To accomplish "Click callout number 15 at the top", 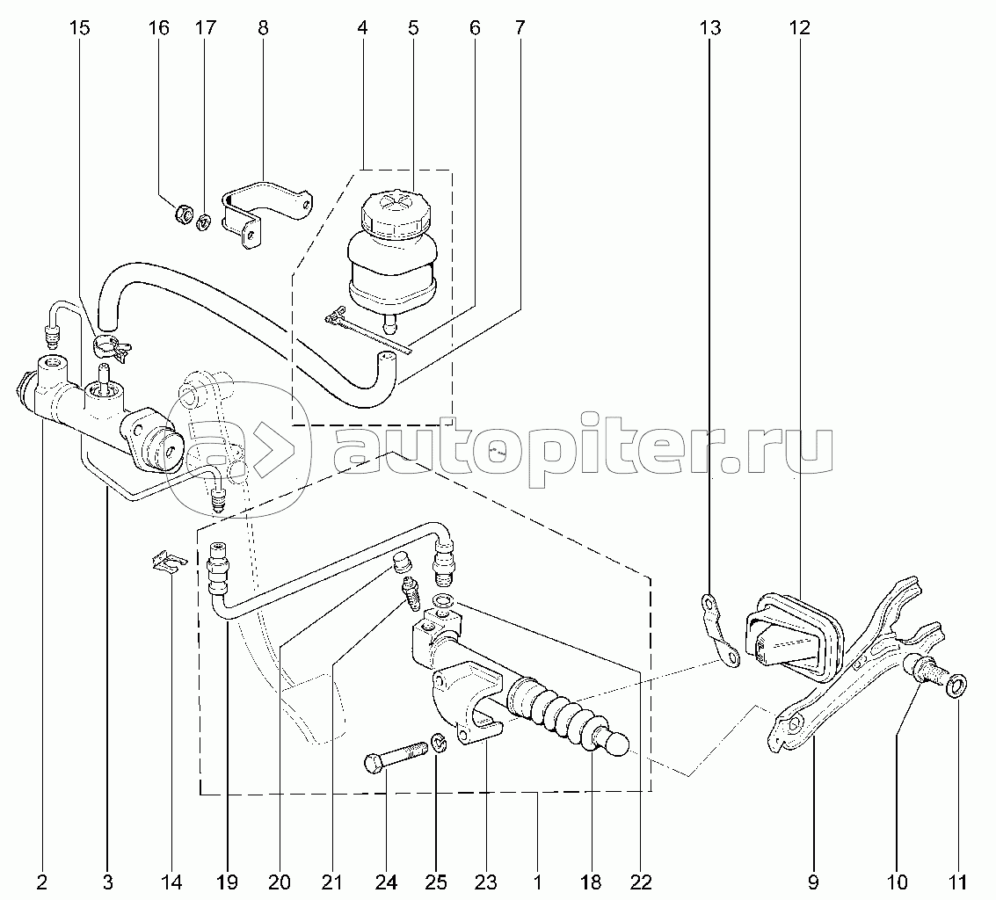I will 79,28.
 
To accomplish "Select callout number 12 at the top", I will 799,28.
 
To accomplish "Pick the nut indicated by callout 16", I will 184,214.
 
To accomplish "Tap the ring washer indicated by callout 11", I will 957,684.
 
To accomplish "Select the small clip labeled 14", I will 168,562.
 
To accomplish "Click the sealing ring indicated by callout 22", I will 445,601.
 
